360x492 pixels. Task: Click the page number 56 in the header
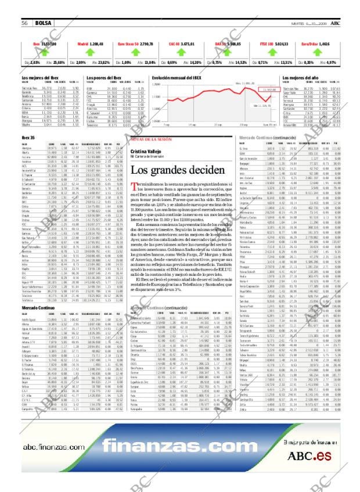tap(26, 23)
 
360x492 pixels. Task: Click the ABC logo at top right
tap(336, 23)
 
